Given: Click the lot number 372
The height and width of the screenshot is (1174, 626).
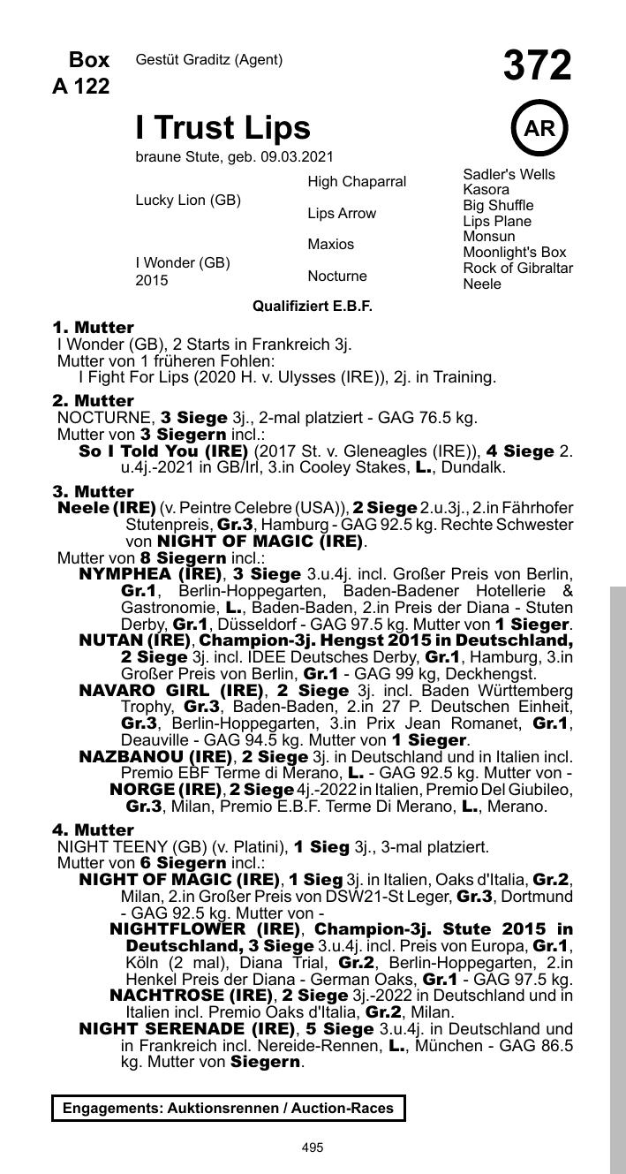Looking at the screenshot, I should [x=537, y=66].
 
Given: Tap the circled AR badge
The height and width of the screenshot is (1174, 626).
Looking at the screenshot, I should [x=539, y=128].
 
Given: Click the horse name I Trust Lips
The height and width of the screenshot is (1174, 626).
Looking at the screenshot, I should [x=222, y=128].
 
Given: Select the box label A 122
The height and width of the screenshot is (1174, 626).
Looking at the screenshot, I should [x=82, y=86].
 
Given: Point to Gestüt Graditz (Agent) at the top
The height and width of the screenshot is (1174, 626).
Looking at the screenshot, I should [x=209, y=60].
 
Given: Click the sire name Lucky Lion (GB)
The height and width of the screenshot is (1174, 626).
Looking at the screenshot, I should [x=188, y=200].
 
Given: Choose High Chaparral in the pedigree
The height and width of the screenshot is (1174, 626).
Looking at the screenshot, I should [x=357, y=181].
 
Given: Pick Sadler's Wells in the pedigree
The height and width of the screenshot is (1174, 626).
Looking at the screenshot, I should [x=509, y=174].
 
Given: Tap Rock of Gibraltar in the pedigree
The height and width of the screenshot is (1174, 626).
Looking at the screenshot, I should [x=518, y=268].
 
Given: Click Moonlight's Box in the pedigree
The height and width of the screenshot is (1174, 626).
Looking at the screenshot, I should [x=515, y=253].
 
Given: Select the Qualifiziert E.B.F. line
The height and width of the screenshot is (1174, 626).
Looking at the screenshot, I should [x=313, y=306].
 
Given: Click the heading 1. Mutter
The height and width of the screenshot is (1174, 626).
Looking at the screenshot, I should [x=93, y=327].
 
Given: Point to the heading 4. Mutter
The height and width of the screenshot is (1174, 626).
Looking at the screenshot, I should [x=93, y=829].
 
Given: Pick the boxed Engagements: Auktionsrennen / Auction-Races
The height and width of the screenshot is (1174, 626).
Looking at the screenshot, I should [x=229, y=1108].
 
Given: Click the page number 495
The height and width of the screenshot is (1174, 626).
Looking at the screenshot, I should [x=313, y=1147].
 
